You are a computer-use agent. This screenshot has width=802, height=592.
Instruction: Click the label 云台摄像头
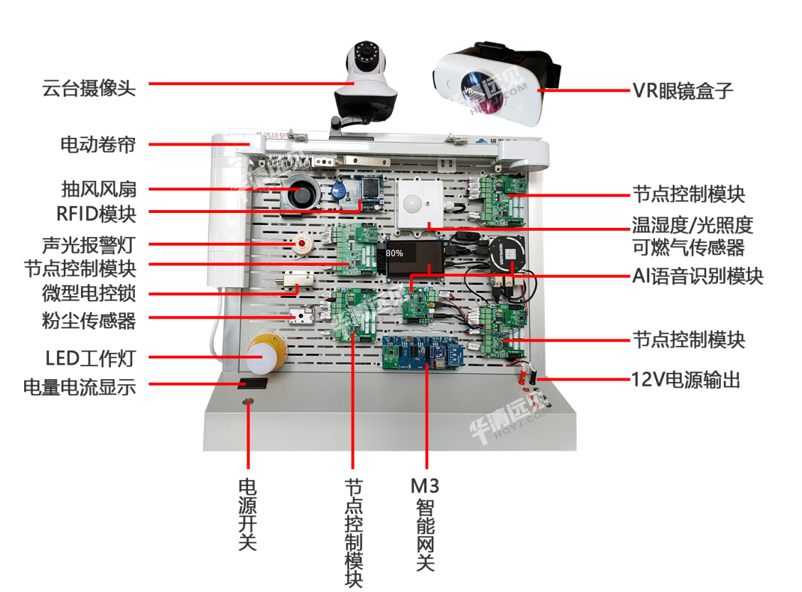(x=88, y=88)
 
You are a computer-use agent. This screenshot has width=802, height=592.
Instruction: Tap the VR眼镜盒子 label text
(x=683, y=91)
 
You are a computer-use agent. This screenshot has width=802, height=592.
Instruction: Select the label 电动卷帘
(x=97, y=146)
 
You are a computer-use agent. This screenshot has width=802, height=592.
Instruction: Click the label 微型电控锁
(x=88, y=294)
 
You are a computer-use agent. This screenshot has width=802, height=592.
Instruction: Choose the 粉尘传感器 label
(x=88, y=321)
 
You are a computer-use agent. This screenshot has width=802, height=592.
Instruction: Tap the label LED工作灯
(x=90, y=358)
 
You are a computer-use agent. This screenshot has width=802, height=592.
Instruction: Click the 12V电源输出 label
(x=686, y=380)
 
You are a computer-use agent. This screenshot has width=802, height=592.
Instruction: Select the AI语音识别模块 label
(x=698, y=276)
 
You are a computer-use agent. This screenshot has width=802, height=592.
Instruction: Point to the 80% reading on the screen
(x=394, y=253)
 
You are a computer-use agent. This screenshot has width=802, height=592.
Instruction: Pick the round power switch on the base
(x=247, y=402)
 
